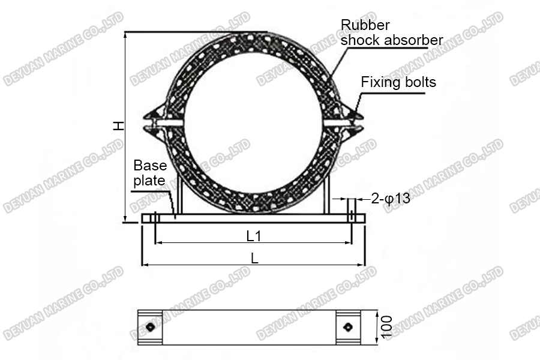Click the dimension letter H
click(x=119, y=126)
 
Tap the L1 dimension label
click(x=254, y=236)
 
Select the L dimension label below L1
click(x=254, y=259)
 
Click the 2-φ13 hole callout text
click(x=391, y=199)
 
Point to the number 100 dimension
click(x=387, y=327)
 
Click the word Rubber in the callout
click(x=365, y=25)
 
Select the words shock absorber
click(x=392, y=40)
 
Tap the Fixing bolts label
click(x=398, y=82)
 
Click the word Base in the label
click(x=150, y=165)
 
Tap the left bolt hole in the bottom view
click(x=150, y=327)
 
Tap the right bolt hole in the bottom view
click(x=347, y=327)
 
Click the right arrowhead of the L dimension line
click(x=362, y=265)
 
